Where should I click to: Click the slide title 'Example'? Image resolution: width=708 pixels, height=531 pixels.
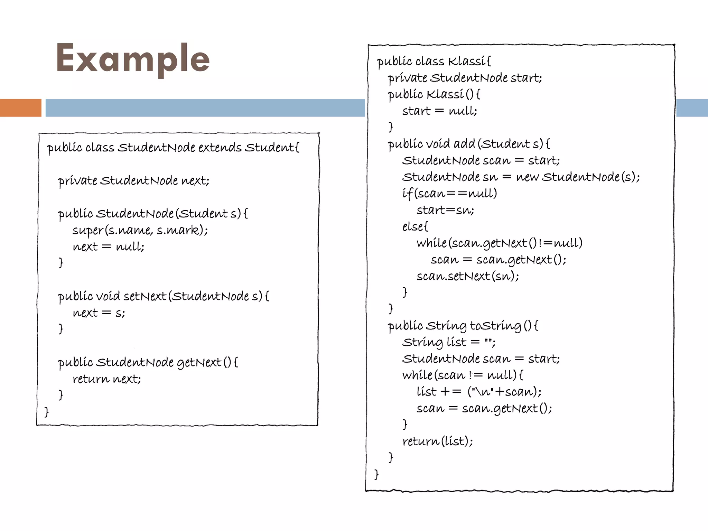[x=133, y=58]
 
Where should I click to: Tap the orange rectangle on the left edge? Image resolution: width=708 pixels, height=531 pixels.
[x=20, y=108]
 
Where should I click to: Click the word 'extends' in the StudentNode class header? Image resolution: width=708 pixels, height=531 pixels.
[x=220, y=148]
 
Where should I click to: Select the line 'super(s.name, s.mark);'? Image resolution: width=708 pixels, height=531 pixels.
[x=140, y=230]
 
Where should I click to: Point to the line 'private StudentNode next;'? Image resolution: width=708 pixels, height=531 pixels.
[x=133, y=180]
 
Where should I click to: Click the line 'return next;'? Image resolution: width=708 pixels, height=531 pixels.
[x=107, y=379]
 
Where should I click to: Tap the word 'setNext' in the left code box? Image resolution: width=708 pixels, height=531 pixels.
[x=145, y=296]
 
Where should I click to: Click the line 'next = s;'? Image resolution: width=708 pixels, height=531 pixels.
[x=99, y=313]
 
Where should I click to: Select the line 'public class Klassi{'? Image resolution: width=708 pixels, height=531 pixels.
[x=434, y=62]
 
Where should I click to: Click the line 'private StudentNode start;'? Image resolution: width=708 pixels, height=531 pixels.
[x=465, y=78]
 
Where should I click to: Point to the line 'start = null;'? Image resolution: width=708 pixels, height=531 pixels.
[x=439, y=111]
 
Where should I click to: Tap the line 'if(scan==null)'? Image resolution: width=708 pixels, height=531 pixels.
[x=449, y=193]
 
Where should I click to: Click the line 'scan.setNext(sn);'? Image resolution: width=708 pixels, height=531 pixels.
[x=468, y=276]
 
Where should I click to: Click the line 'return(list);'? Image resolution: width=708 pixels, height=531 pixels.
[x=438, y=441]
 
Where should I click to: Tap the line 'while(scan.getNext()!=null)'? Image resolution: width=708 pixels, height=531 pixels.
[x=499, y=243]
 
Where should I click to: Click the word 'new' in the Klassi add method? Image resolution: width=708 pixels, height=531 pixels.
[x=527, y=177]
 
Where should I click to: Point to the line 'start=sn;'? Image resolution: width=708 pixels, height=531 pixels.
[x=445, y=210]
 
